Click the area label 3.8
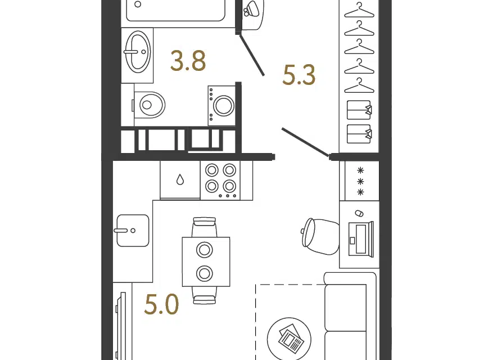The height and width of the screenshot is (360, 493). coord(188,60)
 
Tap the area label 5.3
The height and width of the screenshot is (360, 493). coord(298,75)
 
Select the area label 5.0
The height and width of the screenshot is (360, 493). coord(161,304)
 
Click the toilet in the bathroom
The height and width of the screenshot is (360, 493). coord(148,105)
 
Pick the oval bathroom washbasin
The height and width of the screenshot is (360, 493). coord(138,52)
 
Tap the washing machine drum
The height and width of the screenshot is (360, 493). coord(224,105)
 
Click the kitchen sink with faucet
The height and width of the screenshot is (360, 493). coord(133,231)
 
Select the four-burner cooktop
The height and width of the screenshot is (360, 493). coord(220,181)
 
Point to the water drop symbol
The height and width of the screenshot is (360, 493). coord(180,179)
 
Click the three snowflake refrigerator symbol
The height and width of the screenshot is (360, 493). coord(361,181)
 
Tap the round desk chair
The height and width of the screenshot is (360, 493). coord(320,236)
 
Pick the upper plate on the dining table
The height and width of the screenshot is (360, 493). coord(205,250)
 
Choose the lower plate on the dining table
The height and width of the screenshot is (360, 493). coord(205,273)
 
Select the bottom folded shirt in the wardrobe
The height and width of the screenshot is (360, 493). coord(359,134)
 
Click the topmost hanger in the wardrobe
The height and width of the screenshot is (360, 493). coord(359,10)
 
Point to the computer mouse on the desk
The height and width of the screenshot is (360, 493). coord(359,213)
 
